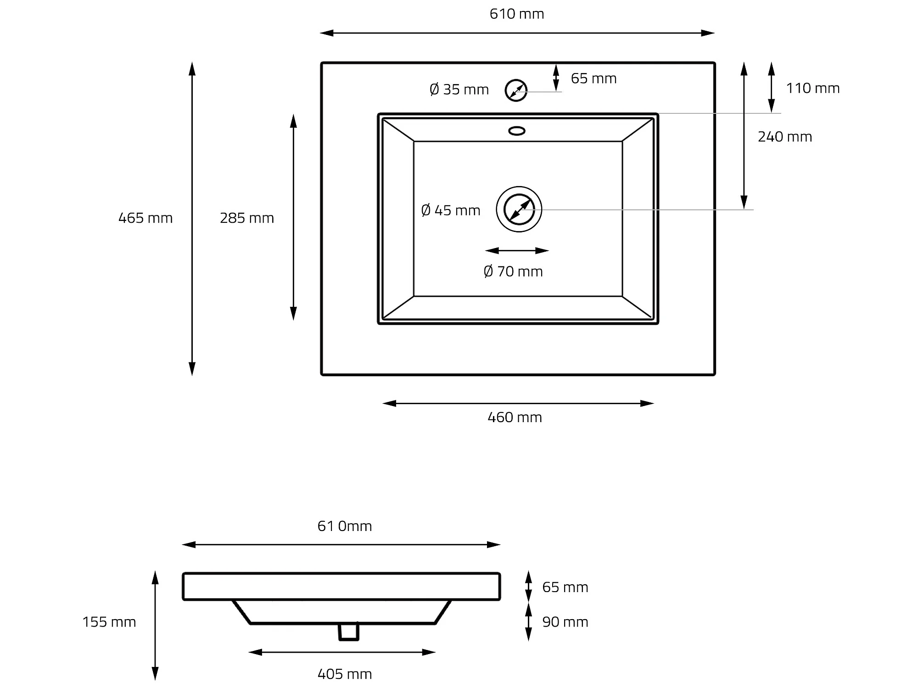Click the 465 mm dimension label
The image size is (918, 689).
[146, 218]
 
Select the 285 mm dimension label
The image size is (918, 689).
[247, 218]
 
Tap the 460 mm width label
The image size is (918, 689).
[515, 417]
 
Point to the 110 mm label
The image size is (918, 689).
[813, 88]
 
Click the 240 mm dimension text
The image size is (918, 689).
[785, 136]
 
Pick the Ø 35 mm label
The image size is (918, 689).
[459, 89]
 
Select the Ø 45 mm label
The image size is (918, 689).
[451, 210]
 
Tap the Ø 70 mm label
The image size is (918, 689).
[513, 271]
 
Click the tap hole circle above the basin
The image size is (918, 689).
[516, 90]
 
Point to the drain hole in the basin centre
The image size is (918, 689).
[519, 209]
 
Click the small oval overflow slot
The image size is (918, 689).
[517, 131]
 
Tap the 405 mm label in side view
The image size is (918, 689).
[345, 674]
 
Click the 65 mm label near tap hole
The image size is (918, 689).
[593, 78]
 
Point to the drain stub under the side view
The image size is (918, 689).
[349, 632]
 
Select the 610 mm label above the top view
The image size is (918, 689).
[517, 14]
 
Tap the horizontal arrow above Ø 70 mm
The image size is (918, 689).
[517, 250]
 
